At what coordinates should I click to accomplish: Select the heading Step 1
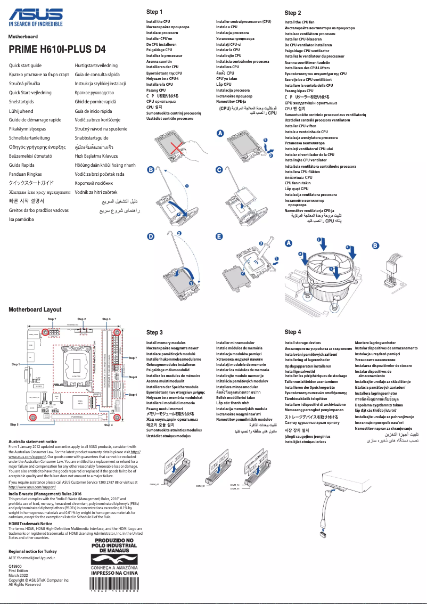point(154,12)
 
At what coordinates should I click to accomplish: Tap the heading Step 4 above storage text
point(293,332)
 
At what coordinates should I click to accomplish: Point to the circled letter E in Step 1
point(219,236)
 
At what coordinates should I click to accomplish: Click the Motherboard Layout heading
point(35,309)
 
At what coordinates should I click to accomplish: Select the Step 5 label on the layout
point(15,425)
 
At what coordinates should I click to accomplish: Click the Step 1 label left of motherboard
point(15,364)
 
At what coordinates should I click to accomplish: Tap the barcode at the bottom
point(114,584)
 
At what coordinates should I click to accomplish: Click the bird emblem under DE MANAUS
point(114,559)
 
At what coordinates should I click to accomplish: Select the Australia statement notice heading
point(33,442)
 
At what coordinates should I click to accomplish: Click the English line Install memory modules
point(166,343)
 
